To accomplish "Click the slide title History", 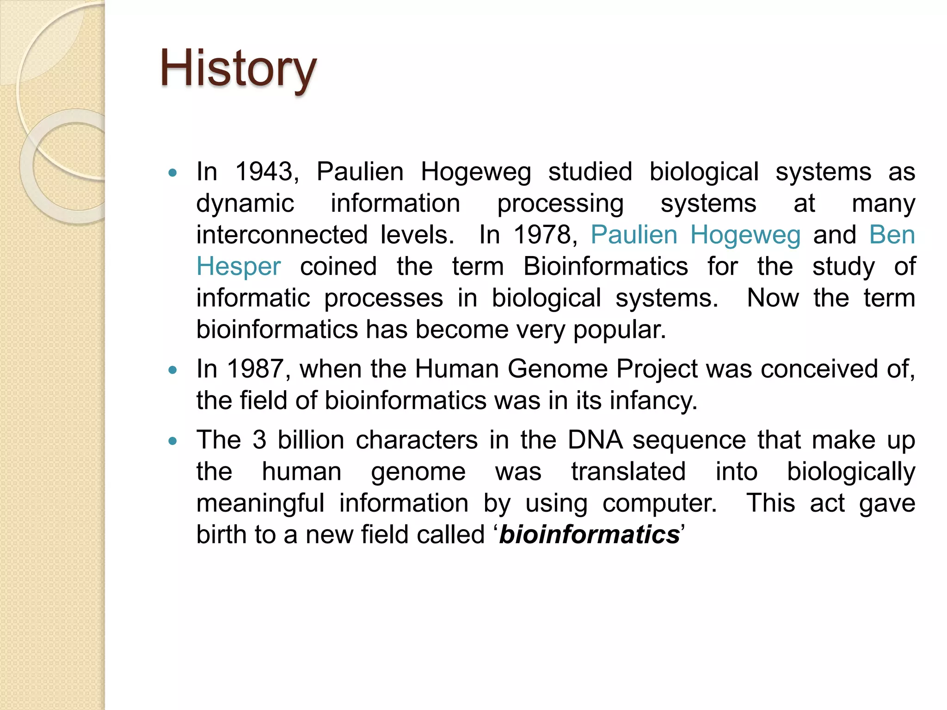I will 238,69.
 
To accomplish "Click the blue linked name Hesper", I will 239,267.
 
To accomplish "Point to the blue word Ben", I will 892,235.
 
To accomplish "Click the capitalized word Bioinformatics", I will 605,267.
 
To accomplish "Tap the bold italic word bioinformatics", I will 589,535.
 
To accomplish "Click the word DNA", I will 595,440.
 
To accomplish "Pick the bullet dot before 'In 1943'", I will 173,173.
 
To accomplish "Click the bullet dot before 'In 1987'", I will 173,370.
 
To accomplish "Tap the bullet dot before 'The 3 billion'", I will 173,441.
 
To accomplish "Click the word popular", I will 619,330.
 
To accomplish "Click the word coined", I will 338,267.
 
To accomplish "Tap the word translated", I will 628,472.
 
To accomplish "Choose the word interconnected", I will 282,235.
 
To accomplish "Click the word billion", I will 311,440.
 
